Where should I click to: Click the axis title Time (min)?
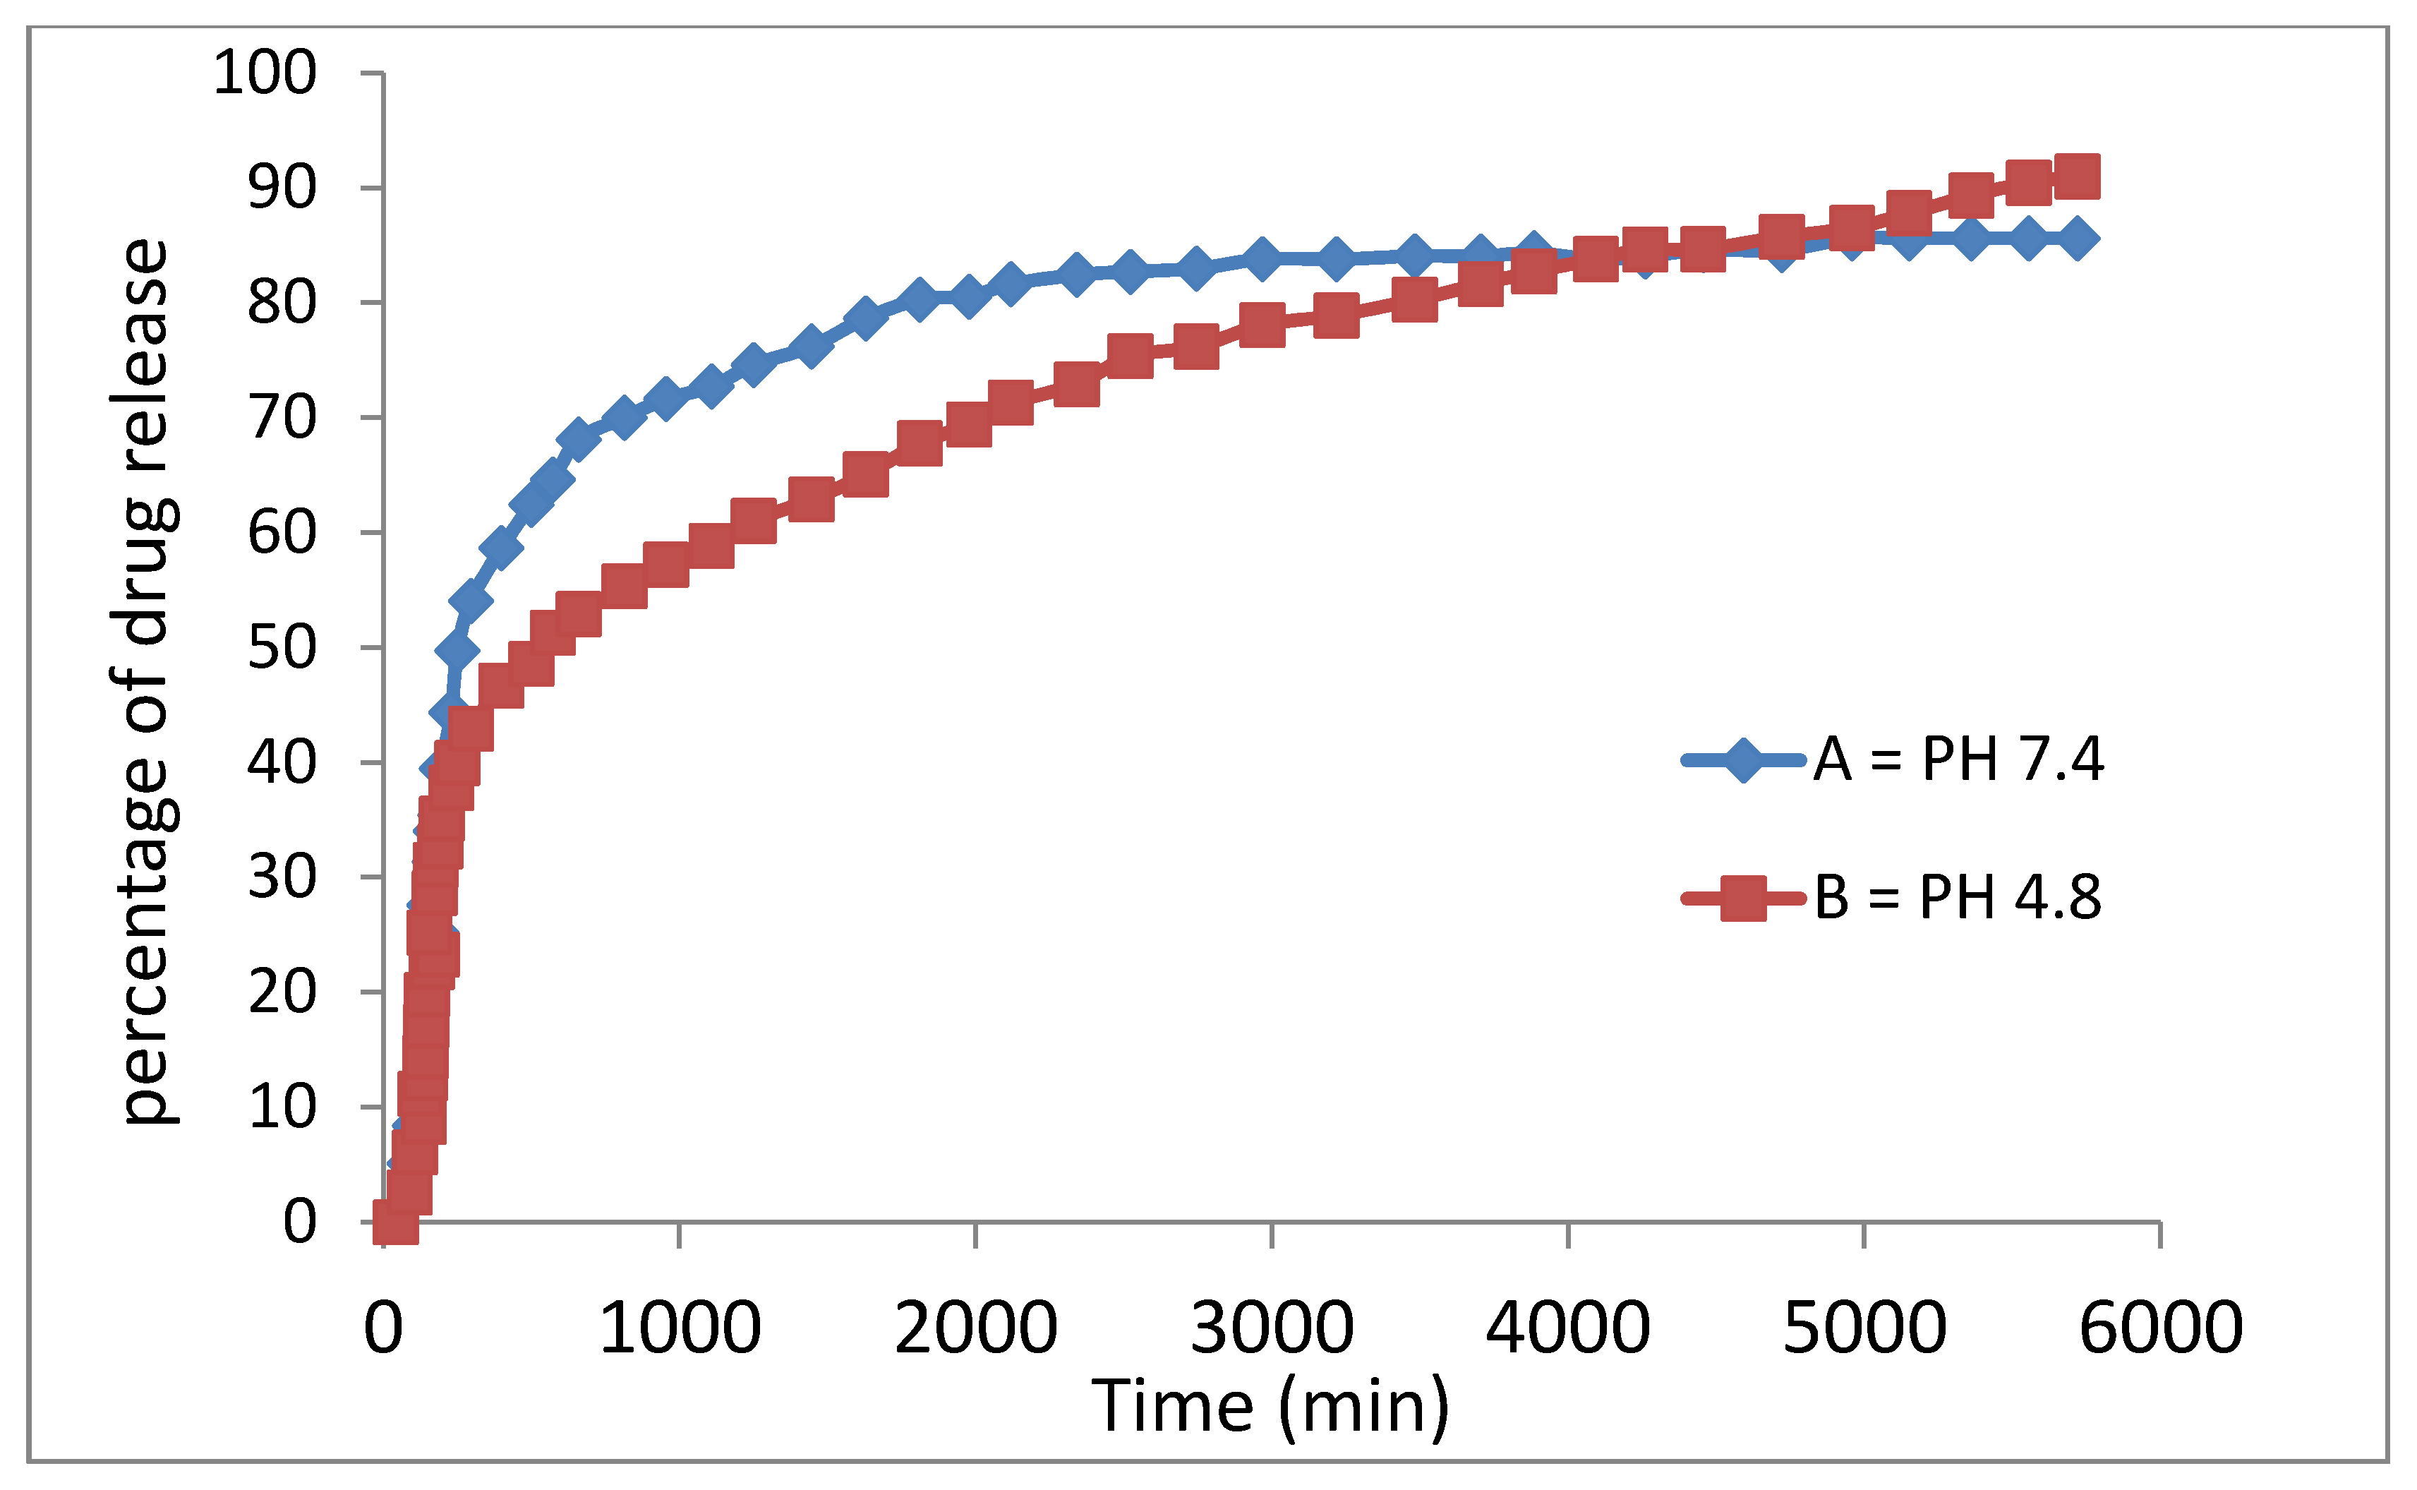click(1271, 1405)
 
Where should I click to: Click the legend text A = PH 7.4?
click(1958, 759)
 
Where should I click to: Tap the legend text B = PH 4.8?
click(1958, 897)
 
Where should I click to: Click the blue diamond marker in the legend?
click(1742, 759)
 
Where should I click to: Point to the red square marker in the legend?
click(1742, 898)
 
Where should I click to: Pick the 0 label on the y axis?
click(299, 1222)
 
